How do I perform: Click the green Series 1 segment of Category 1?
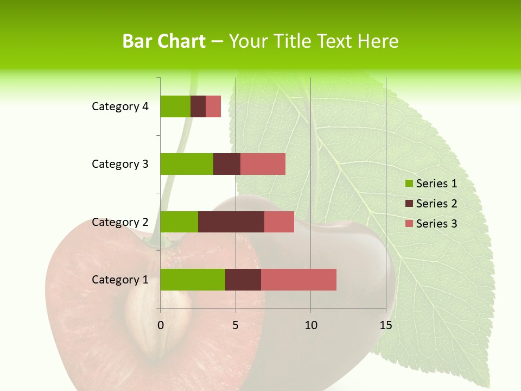point(193,279)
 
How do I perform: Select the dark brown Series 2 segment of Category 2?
point(231,222)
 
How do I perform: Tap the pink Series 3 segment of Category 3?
point(263,164)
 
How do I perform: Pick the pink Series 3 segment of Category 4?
point(213,106)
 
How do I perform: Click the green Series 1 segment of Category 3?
point(187,164)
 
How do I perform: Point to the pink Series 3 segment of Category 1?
point(298,279)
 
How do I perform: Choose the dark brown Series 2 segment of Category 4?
point(198,106)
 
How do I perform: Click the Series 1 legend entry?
point(431,184)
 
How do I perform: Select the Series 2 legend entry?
point(431,204)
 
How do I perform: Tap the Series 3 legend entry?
point(431,224)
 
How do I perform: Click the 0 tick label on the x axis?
point(161,325)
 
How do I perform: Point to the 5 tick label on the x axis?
point(236,325)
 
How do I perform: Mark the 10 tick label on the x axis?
point(310,325)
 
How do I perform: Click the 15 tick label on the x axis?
point(385,325)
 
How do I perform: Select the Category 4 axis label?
point(120,106)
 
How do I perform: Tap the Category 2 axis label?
point(120,222)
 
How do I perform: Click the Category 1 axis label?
point(120,280)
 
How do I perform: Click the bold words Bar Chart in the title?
point(164,41)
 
